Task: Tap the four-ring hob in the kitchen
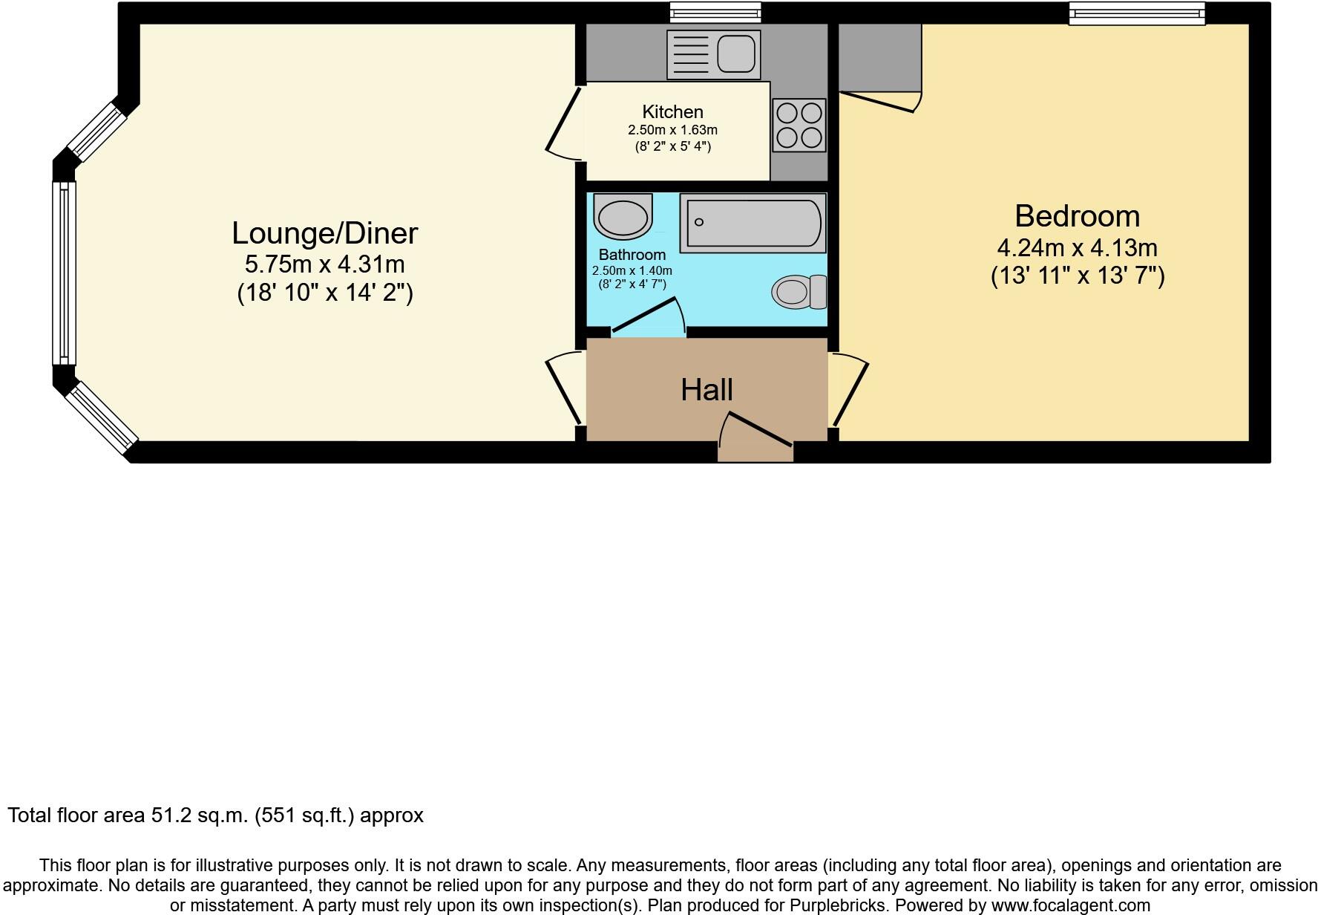tap(799, 126)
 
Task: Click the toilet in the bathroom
tap(799, 292)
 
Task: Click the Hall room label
tap(706, 390)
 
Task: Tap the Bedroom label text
tap(1077, 216)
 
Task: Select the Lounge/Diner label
tap(324, 233)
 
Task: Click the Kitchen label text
tap(672, 112)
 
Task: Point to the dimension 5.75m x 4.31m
tap(324, 264)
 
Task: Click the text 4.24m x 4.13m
tap(1077, 247)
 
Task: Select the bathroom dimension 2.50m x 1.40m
tap(632, 270)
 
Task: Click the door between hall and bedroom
tap(848, 390)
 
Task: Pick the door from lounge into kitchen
tap(564, 123)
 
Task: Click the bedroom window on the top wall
tap(1135, 13)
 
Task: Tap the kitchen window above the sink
tap(715, 11)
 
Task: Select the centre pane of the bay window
tap(65, 274)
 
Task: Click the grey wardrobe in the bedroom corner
tap(879, 56)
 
